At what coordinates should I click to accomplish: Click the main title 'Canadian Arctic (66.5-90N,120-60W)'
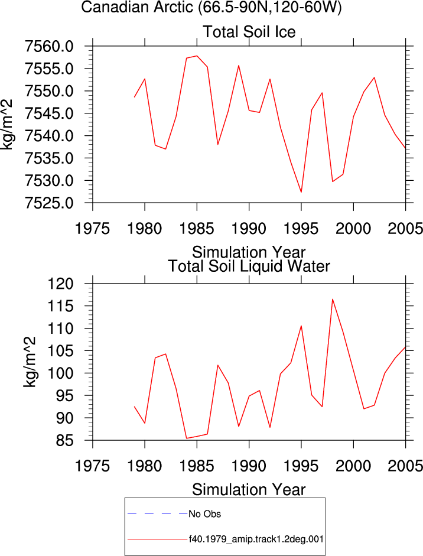(x=211, y=6)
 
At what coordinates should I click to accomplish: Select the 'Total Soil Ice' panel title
(x=249, y=32)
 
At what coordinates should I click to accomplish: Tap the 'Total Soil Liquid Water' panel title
(x=249, y=266)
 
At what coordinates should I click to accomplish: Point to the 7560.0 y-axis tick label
(x=49, y=47)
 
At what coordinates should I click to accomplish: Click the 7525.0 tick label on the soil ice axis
(x=49, y=203)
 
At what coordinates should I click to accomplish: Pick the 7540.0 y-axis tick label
(x=49, y=136)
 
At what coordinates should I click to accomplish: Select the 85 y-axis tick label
(x=65, y=441)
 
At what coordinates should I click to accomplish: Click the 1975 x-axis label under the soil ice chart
(x=93, y=229)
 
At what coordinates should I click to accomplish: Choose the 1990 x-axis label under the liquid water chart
(x=249, y=466)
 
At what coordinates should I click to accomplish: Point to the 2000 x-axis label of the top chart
(x=353, y=229)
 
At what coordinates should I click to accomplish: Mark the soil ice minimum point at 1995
(x=301, y=192)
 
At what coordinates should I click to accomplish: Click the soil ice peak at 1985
(x=197, y=56)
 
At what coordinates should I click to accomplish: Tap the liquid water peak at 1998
(x=333, y=299)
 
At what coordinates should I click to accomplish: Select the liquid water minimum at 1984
(x=187, y=438)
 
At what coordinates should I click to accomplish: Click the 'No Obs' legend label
(x=204, y=514)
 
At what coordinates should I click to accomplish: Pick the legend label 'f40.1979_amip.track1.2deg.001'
(x=256, y=539)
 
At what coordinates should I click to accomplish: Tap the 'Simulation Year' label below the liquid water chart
(x=249, y=490)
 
